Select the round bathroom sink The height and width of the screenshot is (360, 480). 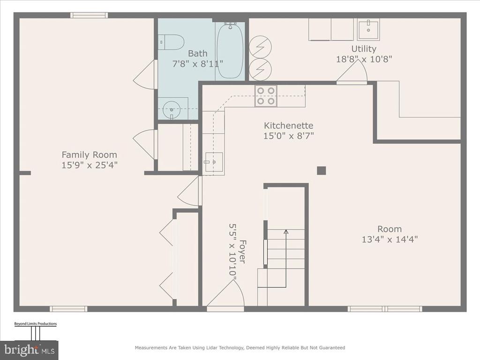pyautogui.click(x=172, y=110)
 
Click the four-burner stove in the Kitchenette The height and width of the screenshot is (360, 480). pyautogui.click(x=266, y=96)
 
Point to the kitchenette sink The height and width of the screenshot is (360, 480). pyautogui.click(x=214, y=162)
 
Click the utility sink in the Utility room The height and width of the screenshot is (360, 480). pyautogui.click(x=368, y=30)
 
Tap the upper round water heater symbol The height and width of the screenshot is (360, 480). pyautogui.click(x=260, y=47)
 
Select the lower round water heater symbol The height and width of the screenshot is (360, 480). pyautogui.click(x=260, y=69)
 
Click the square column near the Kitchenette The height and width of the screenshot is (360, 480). pyautogui.click(x=321, y=171)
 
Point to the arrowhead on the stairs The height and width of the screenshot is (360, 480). pyautogui.click(x=286, y=232)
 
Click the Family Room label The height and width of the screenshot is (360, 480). pyautogui.click(x=90, y=155)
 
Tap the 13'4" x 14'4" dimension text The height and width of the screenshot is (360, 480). pyautogui.click(x=390, y=239)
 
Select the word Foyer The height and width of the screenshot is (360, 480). pyautogui.click(x=242, y=251)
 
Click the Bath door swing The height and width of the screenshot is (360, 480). pyautogui.click(x=145, y=75)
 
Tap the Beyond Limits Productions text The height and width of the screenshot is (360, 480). pyautogui.click(x=36, y=323)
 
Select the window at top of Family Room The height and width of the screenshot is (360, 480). pyautogui.click(x=89, y=15)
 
